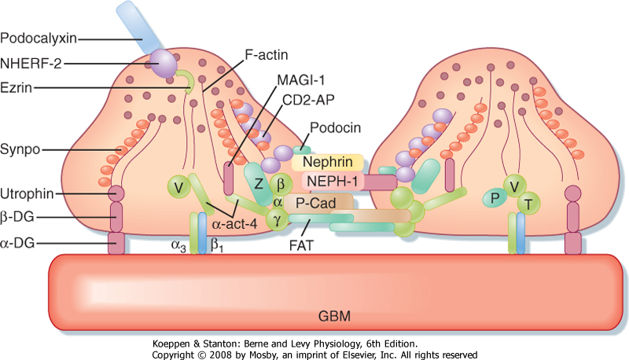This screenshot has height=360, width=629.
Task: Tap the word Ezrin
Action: pos(19,88)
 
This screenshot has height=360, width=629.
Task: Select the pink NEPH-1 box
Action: pos(329,182)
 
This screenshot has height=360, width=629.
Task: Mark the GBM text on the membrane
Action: pos(336,316)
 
